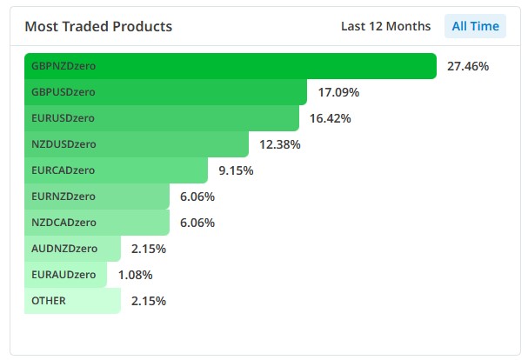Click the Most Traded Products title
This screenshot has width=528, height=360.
coord(98,26)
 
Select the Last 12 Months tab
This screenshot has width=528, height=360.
coord(385,26)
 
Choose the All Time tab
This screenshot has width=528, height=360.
coord(476,26)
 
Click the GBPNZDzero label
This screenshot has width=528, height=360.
coord(64,66)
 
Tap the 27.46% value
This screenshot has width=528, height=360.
coord(468,66)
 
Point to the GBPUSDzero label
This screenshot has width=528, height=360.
coord(63,92)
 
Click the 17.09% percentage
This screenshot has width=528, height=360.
coord(338,92)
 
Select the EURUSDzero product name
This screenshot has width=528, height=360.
coord(63,118)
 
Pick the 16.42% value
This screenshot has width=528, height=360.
coord(330,118)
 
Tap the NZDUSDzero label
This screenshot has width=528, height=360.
coord(63,144)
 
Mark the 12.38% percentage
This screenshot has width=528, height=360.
coord(279,144)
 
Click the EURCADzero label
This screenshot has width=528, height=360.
coord(63,170)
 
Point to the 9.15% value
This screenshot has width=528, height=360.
coord(236,170)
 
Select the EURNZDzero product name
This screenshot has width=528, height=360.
coord(63,197)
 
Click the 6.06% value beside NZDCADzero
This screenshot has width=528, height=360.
coord(197,223)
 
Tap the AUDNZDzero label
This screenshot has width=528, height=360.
coord(63,249)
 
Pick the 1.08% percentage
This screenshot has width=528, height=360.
coord(135,275)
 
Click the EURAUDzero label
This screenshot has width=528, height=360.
coord(63,275)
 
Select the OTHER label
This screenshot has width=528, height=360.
coord(48,301)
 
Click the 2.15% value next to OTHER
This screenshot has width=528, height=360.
coord(149,301)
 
